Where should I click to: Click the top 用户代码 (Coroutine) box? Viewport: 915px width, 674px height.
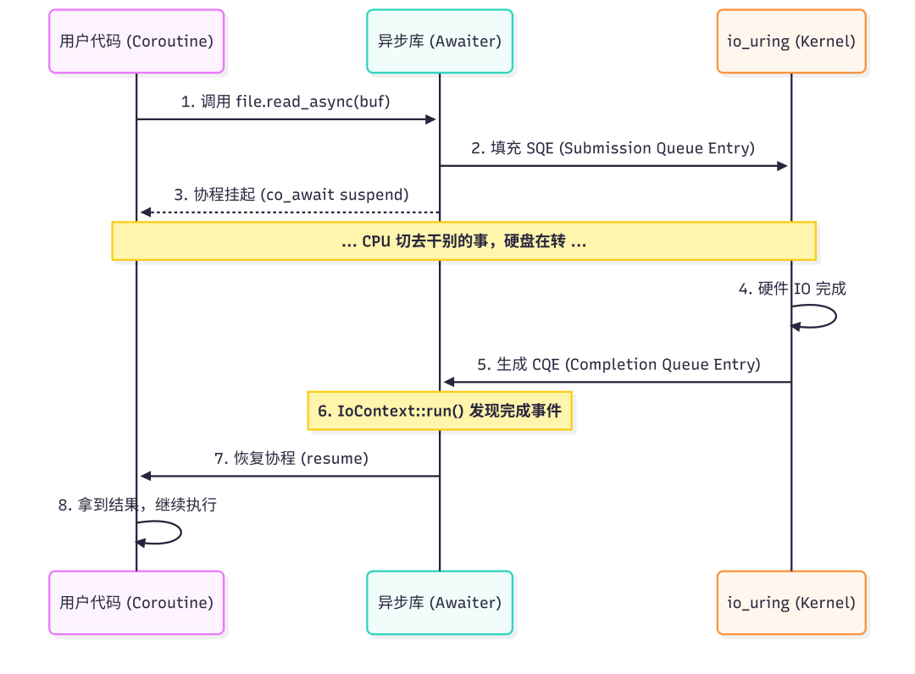(x=136, y=41)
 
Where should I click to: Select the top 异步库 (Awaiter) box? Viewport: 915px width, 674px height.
(x=439, y=41)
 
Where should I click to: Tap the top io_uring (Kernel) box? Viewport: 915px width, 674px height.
(x=790, y=41)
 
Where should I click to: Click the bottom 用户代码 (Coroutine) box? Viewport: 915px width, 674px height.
(x=136, y=602)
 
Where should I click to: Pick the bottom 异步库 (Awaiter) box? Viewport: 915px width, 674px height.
(x=439, y=602)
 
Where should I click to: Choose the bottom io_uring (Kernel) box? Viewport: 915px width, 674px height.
(x=790, y=602)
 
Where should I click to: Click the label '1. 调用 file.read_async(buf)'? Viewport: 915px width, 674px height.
(x=286, y=102)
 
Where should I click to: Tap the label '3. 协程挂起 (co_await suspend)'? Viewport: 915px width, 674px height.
(x=291, y=195)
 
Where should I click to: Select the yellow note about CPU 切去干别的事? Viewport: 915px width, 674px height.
(x=463, y=241)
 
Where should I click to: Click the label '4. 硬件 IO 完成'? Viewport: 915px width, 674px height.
(x=791, y=289)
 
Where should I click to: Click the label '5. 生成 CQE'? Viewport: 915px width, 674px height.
(x=618, y=364)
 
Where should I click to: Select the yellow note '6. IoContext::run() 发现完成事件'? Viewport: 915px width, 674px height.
(x=439, y=412)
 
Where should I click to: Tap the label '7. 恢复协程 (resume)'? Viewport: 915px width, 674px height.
(x=291, y=458)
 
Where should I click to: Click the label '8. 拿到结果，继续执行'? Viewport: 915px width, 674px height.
(x=137, y=505)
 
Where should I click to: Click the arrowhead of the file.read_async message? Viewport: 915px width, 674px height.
(x=430, y=119)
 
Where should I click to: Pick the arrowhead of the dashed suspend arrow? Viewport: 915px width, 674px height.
(x=146, y=213)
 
